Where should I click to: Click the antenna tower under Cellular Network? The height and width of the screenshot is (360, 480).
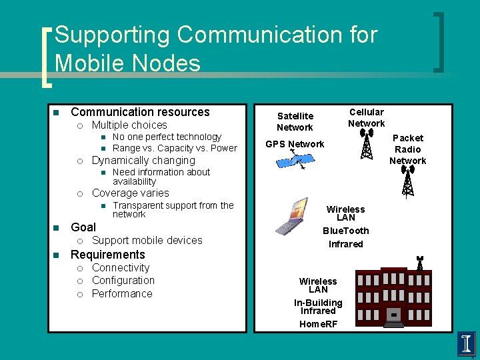coord(366,143)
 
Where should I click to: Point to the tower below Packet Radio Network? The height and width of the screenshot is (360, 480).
coord(408,181)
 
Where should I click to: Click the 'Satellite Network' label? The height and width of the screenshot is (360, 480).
coord(295,121)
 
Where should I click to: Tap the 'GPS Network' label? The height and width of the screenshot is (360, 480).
coord(295,144)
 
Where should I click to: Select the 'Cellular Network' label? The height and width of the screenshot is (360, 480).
coord(366,117)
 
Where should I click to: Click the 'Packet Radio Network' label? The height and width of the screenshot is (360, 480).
coord(407,149)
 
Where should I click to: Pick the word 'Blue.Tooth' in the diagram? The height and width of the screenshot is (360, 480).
coord(345,231)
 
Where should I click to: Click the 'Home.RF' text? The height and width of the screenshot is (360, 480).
coord(318,324)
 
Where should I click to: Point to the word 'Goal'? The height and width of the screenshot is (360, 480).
coord(83,227)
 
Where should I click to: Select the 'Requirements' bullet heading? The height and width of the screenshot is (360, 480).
coord(107,255)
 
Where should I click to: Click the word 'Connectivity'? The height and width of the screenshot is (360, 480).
coord(121,268)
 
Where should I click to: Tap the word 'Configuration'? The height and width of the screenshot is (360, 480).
coord(123,281)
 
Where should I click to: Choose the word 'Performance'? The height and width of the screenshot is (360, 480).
coord(122,294)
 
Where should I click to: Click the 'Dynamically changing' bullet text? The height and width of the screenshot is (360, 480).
coord(143,161)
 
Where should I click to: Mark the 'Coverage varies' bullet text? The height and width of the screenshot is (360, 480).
coord(131,193)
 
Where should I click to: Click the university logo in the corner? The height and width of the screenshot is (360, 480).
coord(467,344)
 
